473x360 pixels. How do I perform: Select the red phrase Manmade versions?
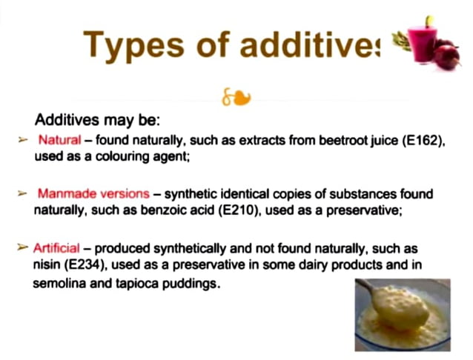coord(93,193)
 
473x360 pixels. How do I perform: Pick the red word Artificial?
coord(62,247)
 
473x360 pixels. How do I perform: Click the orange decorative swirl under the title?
coord(236,97)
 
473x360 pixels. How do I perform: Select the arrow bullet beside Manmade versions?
coord(22,193)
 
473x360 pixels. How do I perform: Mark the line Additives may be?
coord(98,119)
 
